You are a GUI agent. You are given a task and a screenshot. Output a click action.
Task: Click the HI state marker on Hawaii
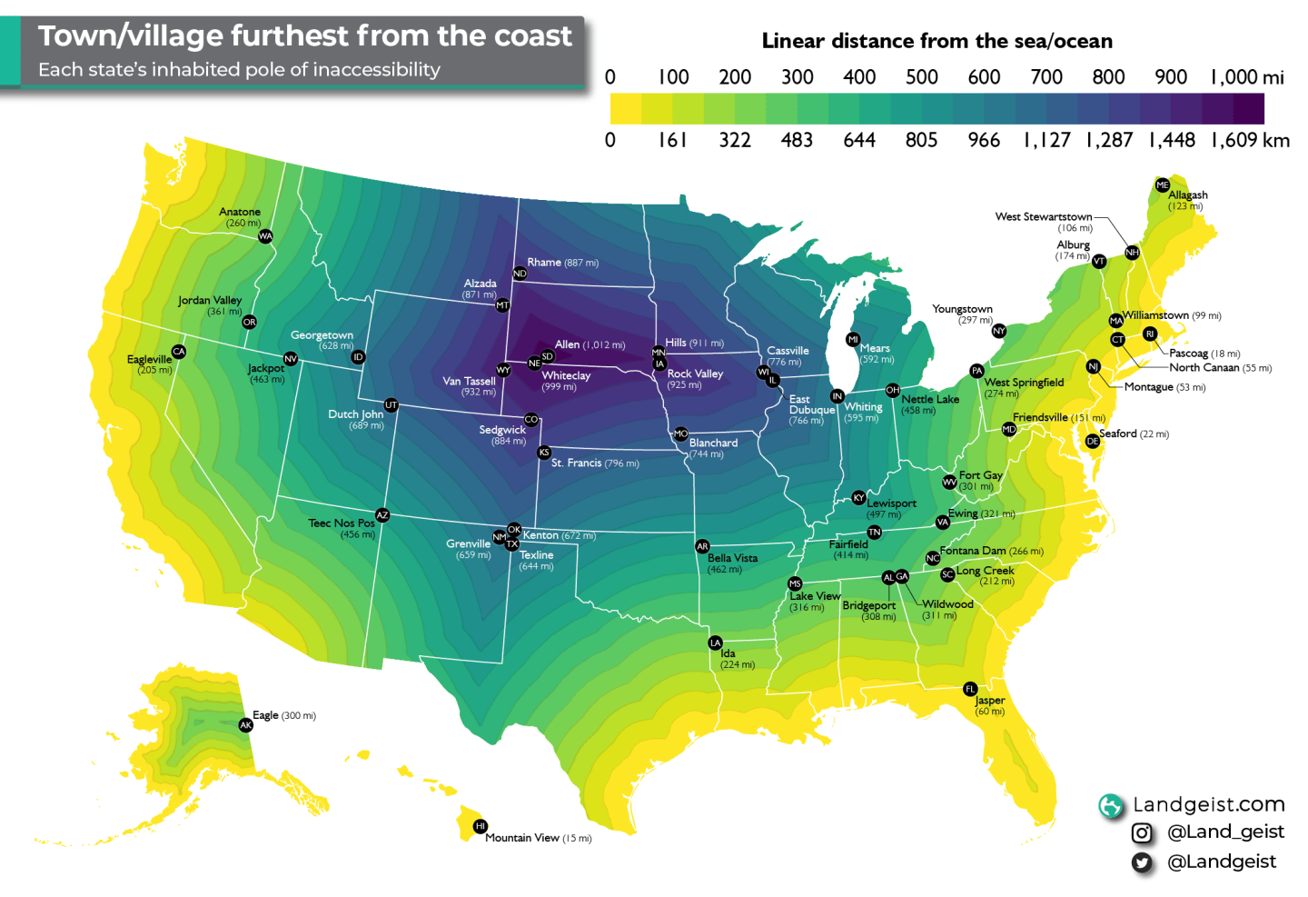pyautogui.click(x=481, y=826)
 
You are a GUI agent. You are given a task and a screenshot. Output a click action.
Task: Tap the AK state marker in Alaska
pyautogui.click(x=245, y=725)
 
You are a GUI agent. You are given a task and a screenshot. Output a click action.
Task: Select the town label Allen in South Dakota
pyautogui.click(x=568, y=344)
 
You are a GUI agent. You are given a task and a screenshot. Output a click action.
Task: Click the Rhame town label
pyautogui.click(x=544, y=262)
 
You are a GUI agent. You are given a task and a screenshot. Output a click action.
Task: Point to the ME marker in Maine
pyautogui.click(x=1163, y=184)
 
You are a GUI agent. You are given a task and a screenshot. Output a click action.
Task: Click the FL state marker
pyautogui.click(x=970, y=689)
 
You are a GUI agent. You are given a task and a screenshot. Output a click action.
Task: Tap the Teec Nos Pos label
pyautogui.click(x=341, y=523)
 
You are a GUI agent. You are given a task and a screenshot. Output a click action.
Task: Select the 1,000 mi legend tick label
pyautogui.click(x=1246, y=77)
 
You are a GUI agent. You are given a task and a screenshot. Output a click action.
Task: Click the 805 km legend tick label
pyautogui.click(x=921, y=140)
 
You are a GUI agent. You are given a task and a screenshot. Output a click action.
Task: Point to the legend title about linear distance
pyautogui.click(x=936, y=41)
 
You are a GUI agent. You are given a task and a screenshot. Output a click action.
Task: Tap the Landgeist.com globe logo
pyautogui.click(x=1110, y=805)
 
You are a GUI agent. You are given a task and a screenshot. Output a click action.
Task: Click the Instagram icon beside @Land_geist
pyautogui.click(x=1142, y=832)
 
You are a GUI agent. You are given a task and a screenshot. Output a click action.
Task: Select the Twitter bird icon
pyautogui.click(x=1142, y=862)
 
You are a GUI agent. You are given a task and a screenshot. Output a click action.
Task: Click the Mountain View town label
pyautogui.click(x=521, y=838)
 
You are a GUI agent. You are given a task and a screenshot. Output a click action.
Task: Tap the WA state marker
pyautogui.click(x=265, y=236)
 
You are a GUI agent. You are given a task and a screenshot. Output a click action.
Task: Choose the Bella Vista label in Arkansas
pyautogui.click(x=732, y=558)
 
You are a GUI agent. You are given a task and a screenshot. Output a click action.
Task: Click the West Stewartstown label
pyautogui.click(x=1043, y=216)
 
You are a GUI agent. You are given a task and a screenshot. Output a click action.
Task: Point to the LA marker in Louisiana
pyautogui.click(x=715, y=643)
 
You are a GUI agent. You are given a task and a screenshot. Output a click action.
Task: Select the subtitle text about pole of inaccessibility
pyautogui.click(x=239, y=70)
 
